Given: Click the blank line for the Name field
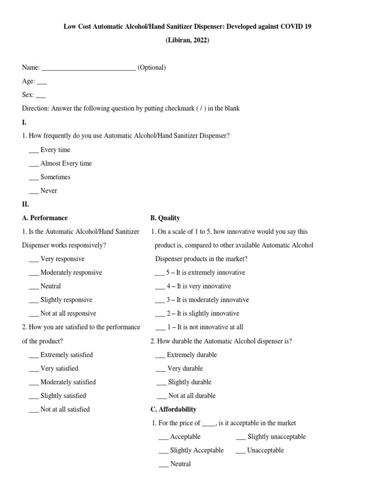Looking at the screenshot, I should point(88,68).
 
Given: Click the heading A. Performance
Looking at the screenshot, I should point(45,218).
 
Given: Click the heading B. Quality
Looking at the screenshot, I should point(165,218).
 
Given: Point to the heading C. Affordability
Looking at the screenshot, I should point(173,409).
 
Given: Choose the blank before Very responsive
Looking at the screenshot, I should point(33,260).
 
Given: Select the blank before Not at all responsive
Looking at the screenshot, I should point(33,314).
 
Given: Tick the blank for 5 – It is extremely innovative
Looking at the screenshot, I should point(160,273).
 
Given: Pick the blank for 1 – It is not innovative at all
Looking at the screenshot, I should point(160,328).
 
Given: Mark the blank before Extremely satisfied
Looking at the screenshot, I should point(33,355).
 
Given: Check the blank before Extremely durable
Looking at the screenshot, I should point(161,355).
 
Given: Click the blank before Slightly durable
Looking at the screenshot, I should point(162,383).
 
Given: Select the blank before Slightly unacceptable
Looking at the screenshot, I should point(241,437).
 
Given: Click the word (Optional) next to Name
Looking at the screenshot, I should point(151,67).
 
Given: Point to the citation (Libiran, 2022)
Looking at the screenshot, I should point(187,40).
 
